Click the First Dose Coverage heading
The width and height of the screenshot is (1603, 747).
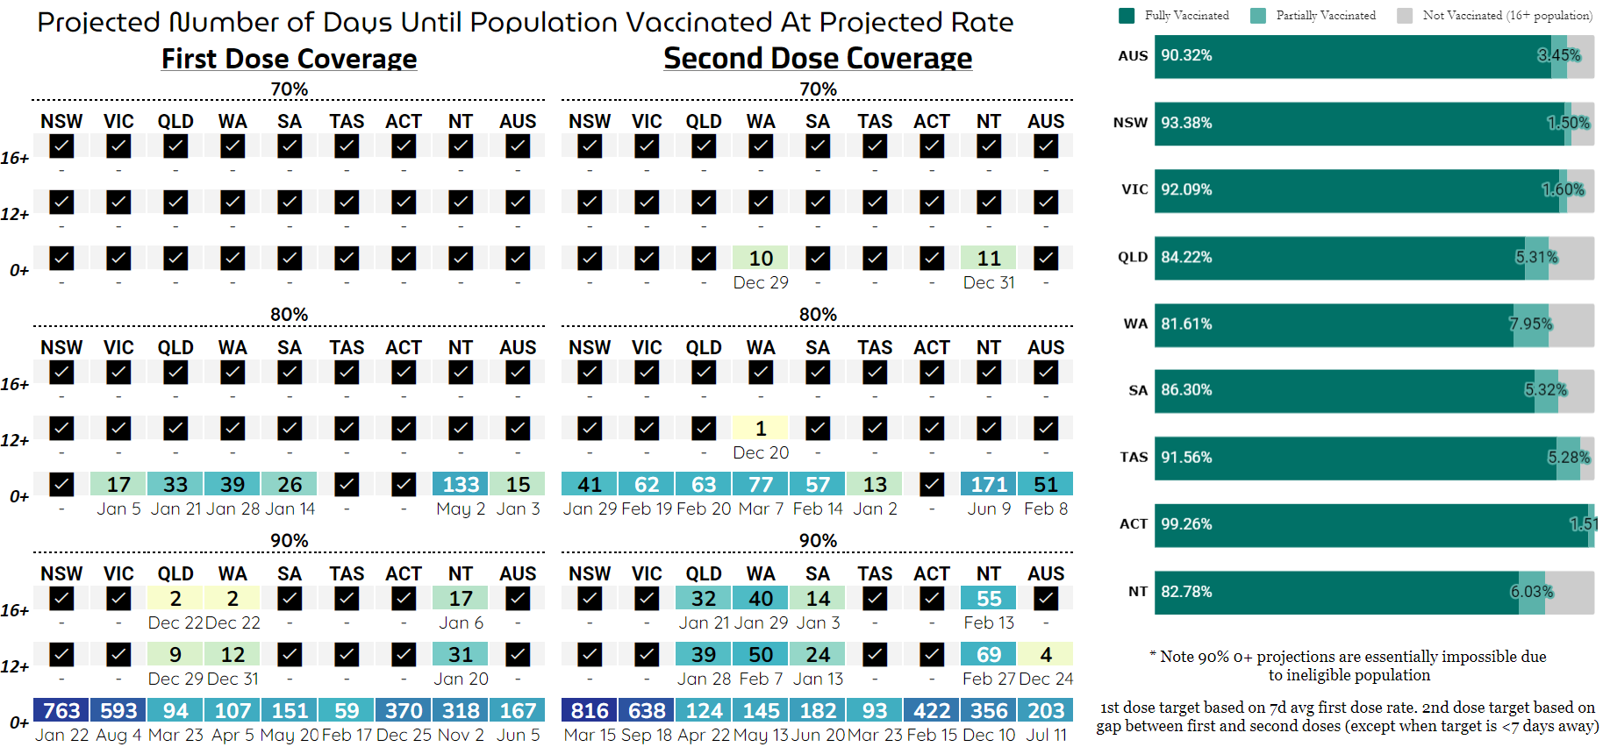coord(289,59)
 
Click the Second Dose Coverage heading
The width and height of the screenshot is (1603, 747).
coord(818,58)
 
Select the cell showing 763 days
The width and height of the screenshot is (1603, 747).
coord(61,710)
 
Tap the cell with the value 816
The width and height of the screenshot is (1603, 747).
coord(590,710)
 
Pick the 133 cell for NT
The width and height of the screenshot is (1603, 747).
coord(461,484)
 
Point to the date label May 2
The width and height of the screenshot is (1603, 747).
coord(461,509)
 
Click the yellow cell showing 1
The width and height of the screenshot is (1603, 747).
coord(761,428)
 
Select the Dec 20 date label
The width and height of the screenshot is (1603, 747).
coord(761,452)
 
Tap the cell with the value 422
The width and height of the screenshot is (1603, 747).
coord(932,710)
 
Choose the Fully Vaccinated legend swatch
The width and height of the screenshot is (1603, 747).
coord(1127,15)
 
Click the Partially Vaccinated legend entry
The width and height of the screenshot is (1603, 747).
coord(1325,15)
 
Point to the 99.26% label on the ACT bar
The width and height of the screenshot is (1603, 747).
coord(1186,524)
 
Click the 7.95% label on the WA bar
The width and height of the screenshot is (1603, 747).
coord(1530,324)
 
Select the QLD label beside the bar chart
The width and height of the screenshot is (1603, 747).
coord(1133,257)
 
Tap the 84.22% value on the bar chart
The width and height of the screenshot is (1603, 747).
coord(1186,257)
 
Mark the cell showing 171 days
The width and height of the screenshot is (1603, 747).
coord(989,484)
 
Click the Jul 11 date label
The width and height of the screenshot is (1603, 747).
coord(1046,735)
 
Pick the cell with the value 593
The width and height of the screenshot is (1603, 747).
coord(118,710)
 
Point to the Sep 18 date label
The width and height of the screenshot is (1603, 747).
coord(647,735)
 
